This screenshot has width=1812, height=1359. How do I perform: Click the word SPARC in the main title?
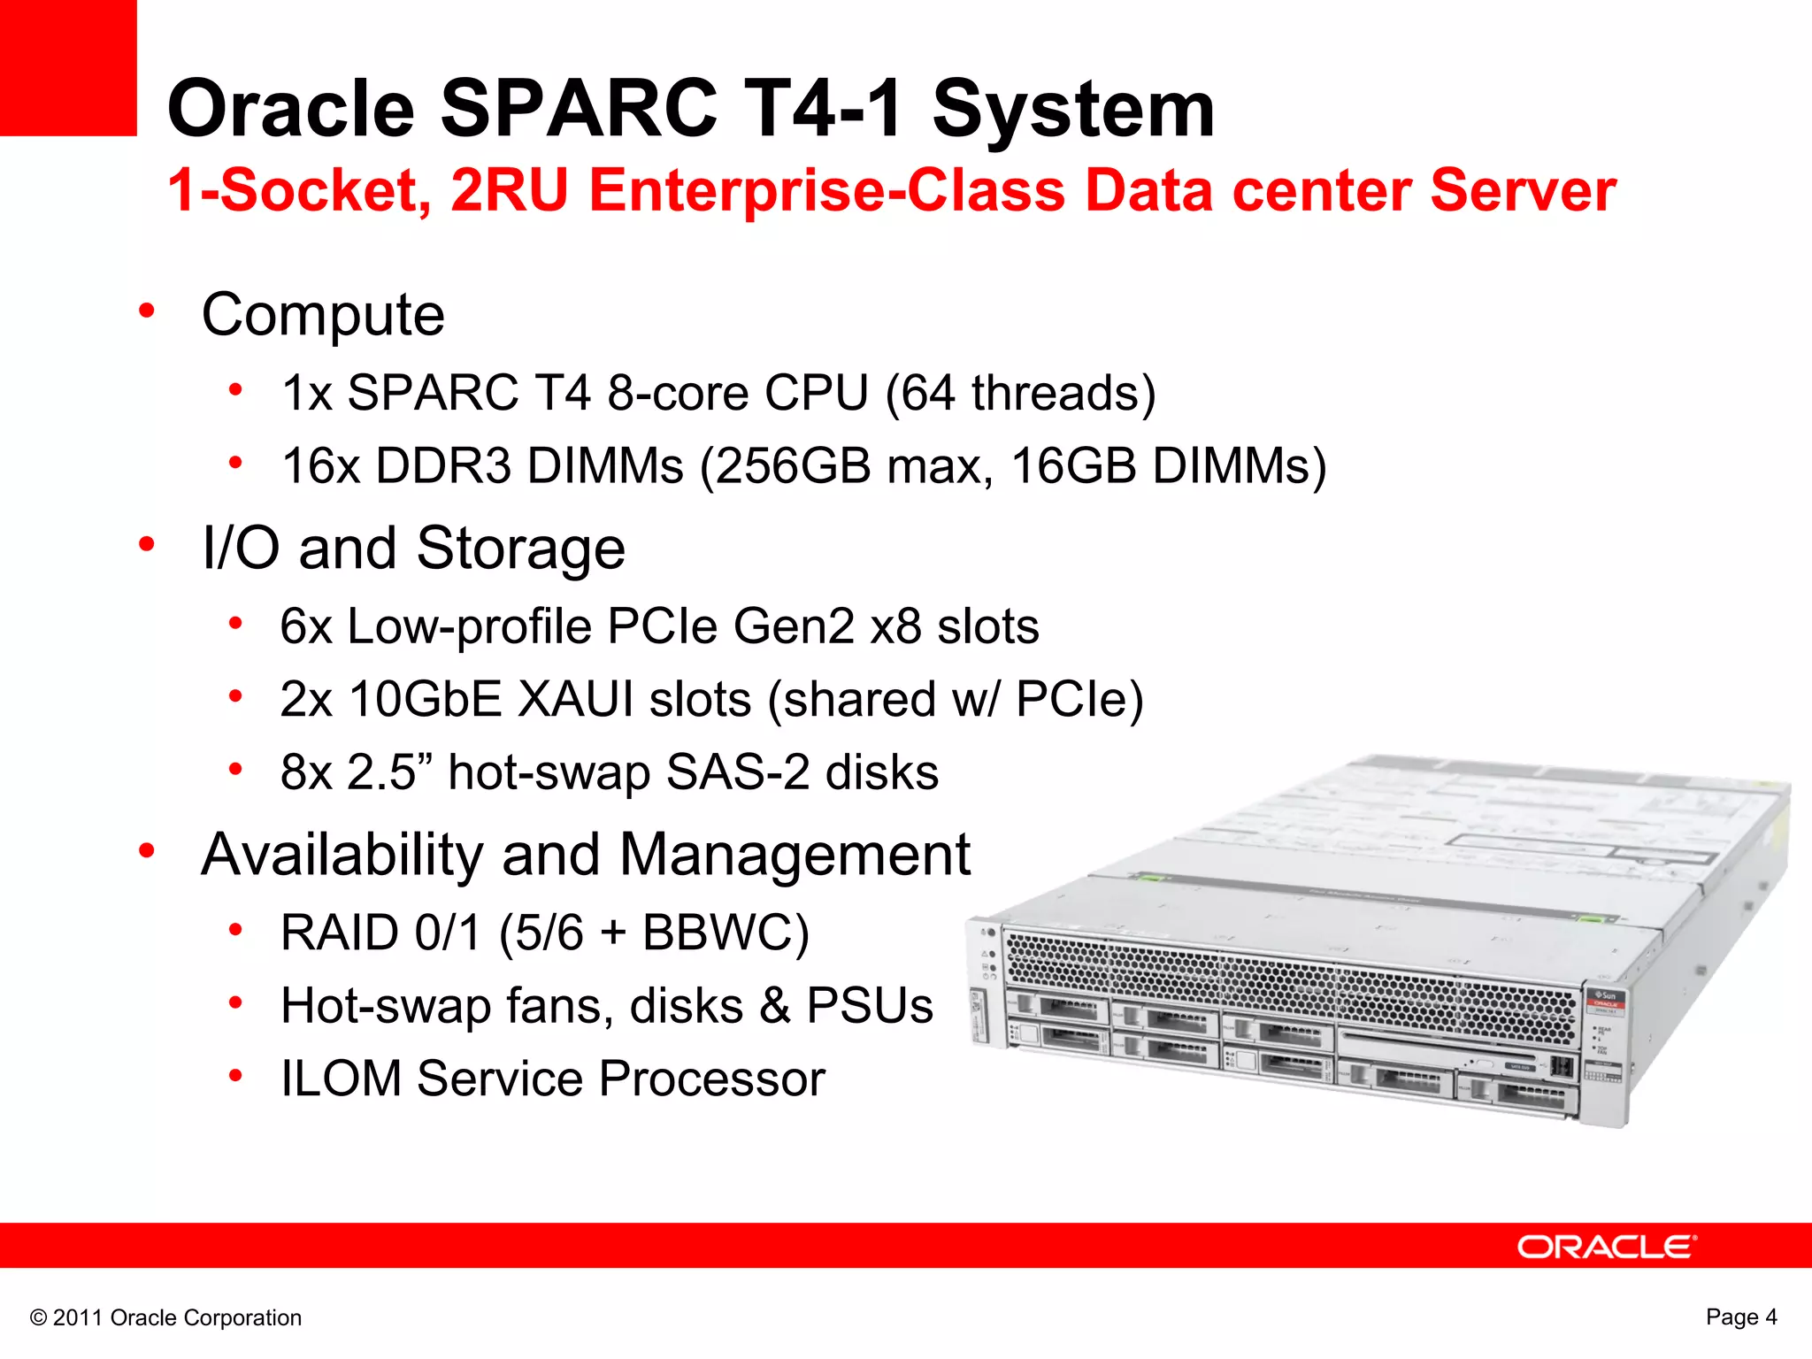point(579,109)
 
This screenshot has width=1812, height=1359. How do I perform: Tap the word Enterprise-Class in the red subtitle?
point(826,190)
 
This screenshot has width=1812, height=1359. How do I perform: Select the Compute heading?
point(323,315)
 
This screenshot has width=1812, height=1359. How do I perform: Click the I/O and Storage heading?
point(413,549)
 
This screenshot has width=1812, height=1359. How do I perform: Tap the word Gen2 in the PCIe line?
point(793,626)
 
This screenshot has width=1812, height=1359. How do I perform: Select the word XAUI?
point(575,699)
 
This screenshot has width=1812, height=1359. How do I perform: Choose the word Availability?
point(342,855)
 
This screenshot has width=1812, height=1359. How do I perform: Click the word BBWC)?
point(726,933)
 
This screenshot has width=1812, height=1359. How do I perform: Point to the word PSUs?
point(869,1006)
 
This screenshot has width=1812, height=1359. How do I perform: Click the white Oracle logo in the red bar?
point(1606,1247)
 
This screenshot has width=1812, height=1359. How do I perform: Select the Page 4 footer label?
point(1740,1317)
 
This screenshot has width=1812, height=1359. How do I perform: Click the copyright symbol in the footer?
point(38,1318)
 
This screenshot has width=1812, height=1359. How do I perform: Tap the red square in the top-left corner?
point(68,67)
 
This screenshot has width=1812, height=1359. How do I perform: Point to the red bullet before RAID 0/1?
point(235,930)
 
